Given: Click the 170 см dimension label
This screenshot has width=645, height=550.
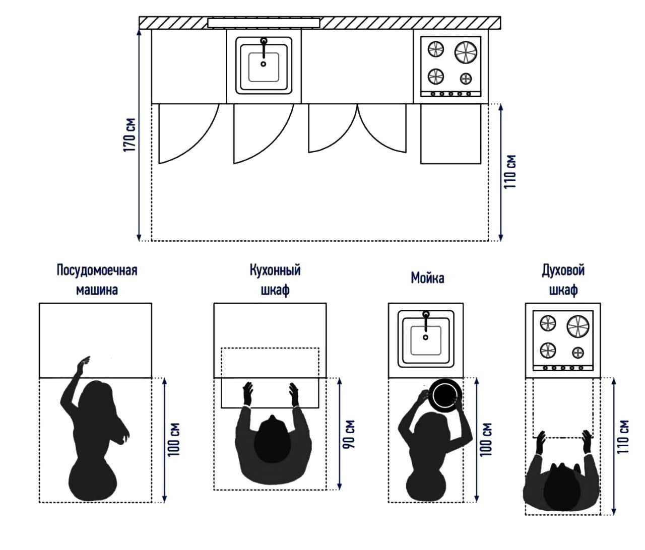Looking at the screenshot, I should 130,135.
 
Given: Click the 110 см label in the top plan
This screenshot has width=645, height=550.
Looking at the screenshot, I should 511,172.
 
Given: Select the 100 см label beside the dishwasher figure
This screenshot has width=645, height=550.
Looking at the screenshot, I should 174,440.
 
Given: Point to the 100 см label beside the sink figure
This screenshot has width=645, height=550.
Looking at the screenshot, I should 486,440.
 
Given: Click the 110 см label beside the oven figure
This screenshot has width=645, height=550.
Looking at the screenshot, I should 623,436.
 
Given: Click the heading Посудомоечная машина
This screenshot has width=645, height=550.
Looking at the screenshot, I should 97,280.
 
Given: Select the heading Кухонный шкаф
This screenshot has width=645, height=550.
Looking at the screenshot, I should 275,280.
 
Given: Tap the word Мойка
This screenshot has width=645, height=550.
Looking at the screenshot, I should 427,278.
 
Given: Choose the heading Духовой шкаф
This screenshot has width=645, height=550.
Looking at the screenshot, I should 563,280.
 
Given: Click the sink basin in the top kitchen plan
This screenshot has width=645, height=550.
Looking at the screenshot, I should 264,67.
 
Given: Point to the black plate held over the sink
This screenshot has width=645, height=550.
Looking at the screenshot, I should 444,393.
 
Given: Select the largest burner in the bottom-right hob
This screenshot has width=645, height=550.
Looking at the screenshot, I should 577,326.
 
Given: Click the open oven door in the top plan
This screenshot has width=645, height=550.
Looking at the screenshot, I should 450,133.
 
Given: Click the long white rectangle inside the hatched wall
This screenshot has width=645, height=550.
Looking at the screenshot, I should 264,23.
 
